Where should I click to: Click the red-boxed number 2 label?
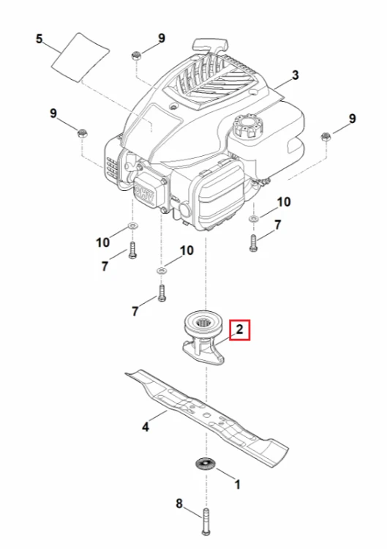coord(239,329)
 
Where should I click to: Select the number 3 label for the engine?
coord(296,75)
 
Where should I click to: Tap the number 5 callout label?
coord(40,39)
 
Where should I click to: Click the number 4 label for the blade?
coord(146,427)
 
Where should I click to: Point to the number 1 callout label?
coord(238,485)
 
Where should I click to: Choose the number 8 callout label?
coord(179,504)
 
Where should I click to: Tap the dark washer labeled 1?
coord(205,463)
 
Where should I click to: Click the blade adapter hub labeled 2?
coord(203,340)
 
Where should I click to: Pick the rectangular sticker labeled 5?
coord(80,58)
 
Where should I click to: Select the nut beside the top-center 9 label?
coord(136,56)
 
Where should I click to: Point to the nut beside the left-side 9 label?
coord(82,133)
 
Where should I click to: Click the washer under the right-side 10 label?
coord(253,218)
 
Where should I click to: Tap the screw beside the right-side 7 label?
coord(253,243)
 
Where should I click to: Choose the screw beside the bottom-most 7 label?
coord(161,293)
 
